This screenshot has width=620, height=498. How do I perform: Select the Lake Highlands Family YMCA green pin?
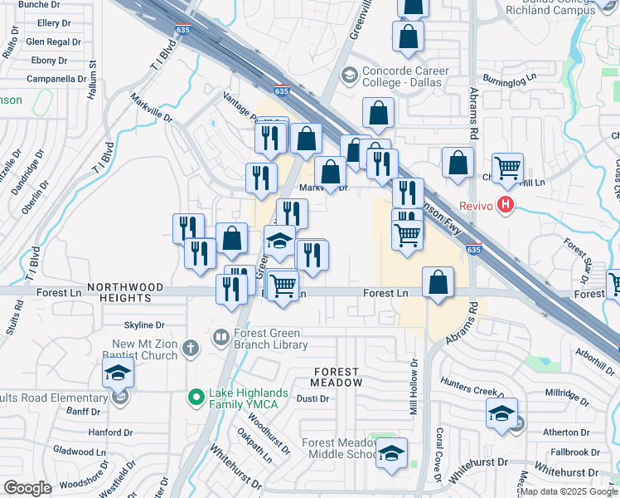click(x=196, y=398)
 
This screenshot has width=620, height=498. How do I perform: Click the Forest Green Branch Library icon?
click(x=221, y=337)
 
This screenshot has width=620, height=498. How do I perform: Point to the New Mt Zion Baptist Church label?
click(x=145, y=349)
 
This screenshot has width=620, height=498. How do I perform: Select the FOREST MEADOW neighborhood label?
click(x=336, y=377)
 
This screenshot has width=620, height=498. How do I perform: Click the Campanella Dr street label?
click(x=56, y=79)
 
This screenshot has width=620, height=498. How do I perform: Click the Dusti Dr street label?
click(x=312, y=398)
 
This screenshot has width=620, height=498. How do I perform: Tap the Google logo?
click(x=27, y=487)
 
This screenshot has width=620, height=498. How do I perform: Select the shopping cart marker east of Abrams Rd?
click(x=506, y=168)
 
